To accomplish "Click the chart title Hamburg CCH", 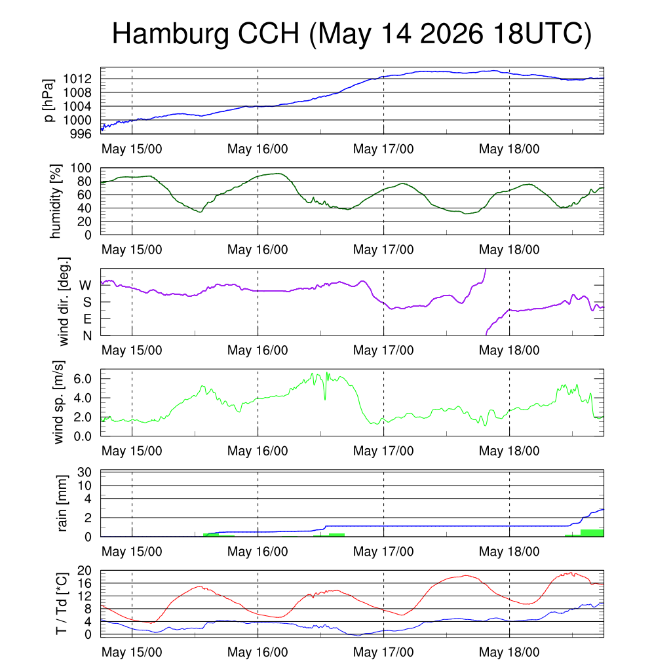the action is click(205, 34).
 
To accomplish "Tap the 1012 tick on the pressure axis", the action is click(77, 79).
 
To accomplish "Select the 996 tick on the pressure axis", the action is click(81, 134).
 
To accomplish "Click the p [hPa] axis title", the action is click(49, 100).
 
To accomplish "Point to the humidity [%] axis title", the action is click(55, 201).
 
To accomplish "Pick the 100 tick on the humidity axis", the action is click(81, 168).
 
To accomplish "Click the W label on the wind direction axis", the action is click(86, 286).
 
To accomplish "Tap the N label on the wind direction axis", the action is click(87, 336).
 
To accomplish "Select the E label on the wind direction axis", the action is click(87, 319).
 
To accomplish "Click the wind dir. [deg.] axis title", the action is click(64, 301).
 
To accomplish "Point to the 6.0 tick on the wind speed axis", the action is click(83, 379).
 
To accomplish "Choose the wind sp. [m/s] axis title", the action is click(58, 402).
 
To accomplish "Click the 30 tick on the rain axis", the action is click(85, 472).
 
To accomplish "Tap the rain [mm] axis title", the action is click(62, 503).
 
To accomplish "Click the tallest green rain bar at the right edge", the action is click(592, 533).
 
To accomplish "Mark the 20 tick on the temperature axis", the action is click(85, 571).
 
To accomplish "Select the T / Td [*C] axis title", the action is click(61, 604).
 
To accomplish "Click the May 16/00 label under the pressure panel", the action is click(258, 149).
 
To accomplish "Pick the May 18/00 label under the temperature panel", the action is click(509, 652).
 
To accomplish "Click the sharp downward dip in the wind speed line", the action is click(325, 399).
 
